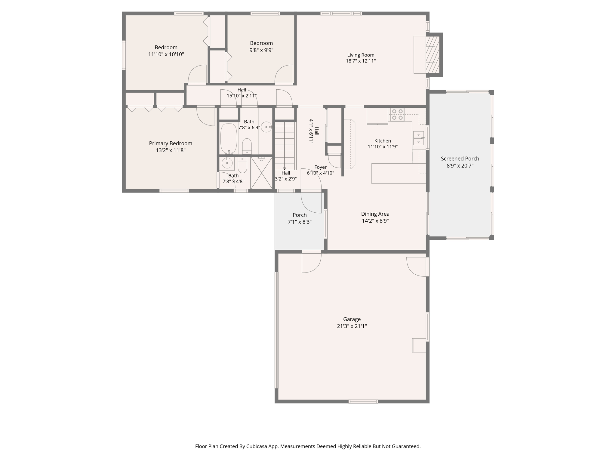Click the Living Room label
click(361, 55)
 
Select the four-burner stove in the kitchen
click(397, 115)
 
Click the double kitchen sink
click(418, 138)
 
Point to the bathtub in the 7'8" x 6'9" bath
click(229, 138)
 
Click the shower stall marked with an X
click(261, 173)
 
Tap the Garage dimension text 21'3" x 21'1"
click(352, 326)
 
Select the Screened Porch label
click(460, 159)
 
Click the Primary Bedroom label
click(171, 143)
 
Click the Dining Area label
click(375, 214)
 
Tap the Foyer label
click(320, 167)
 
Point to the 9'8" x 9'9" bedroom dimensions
click(261, 50)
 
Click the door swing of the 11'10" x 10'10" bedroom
click(198, 75)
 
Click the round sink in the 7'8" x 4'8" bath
click(227, 163)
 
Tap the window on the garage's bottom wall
click(363, 401)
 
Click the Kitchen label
click(383, 141)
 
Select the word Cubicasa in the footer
click(257, 446)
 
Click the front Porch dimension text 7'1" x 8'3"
click(300, 222)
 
